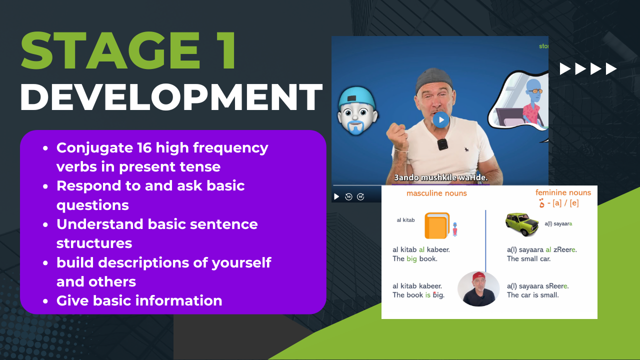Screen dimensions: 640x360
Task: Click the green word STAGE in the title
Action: click(110, 50)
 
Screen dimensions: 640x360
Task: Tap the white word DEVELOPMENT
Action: click(171, 97)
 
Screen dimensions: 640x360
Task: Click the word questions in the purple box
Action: click(92, 205)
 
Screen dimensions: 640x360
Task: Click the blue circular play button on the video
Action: click(441, 119)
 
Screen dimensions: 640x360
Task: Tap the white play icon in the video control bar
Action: click(336, 196)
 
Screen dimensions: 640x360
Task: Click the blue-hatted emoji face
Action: click(357, 111)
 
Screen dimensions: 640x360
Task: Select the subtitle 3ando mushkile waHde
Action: click(441, 177)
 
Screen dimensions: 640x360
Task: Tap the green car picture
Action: click(522, 224)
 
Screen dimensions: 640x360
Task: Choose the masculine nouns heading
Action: click(436, 193)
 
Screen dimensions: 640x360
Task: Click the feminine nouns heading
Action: click(563, 192)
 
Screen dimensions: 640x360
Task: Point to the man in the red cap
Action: click(478, 288)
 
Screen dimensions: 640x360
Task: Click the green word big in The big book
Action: click(411, 259)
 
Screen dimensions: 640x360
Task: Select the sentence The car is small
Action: click(532, 295)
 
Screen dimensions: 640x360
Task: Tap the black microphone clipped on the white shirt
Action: click(442, 144)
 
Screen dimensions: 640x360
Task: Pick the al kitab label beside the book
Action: click(405, 220)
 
